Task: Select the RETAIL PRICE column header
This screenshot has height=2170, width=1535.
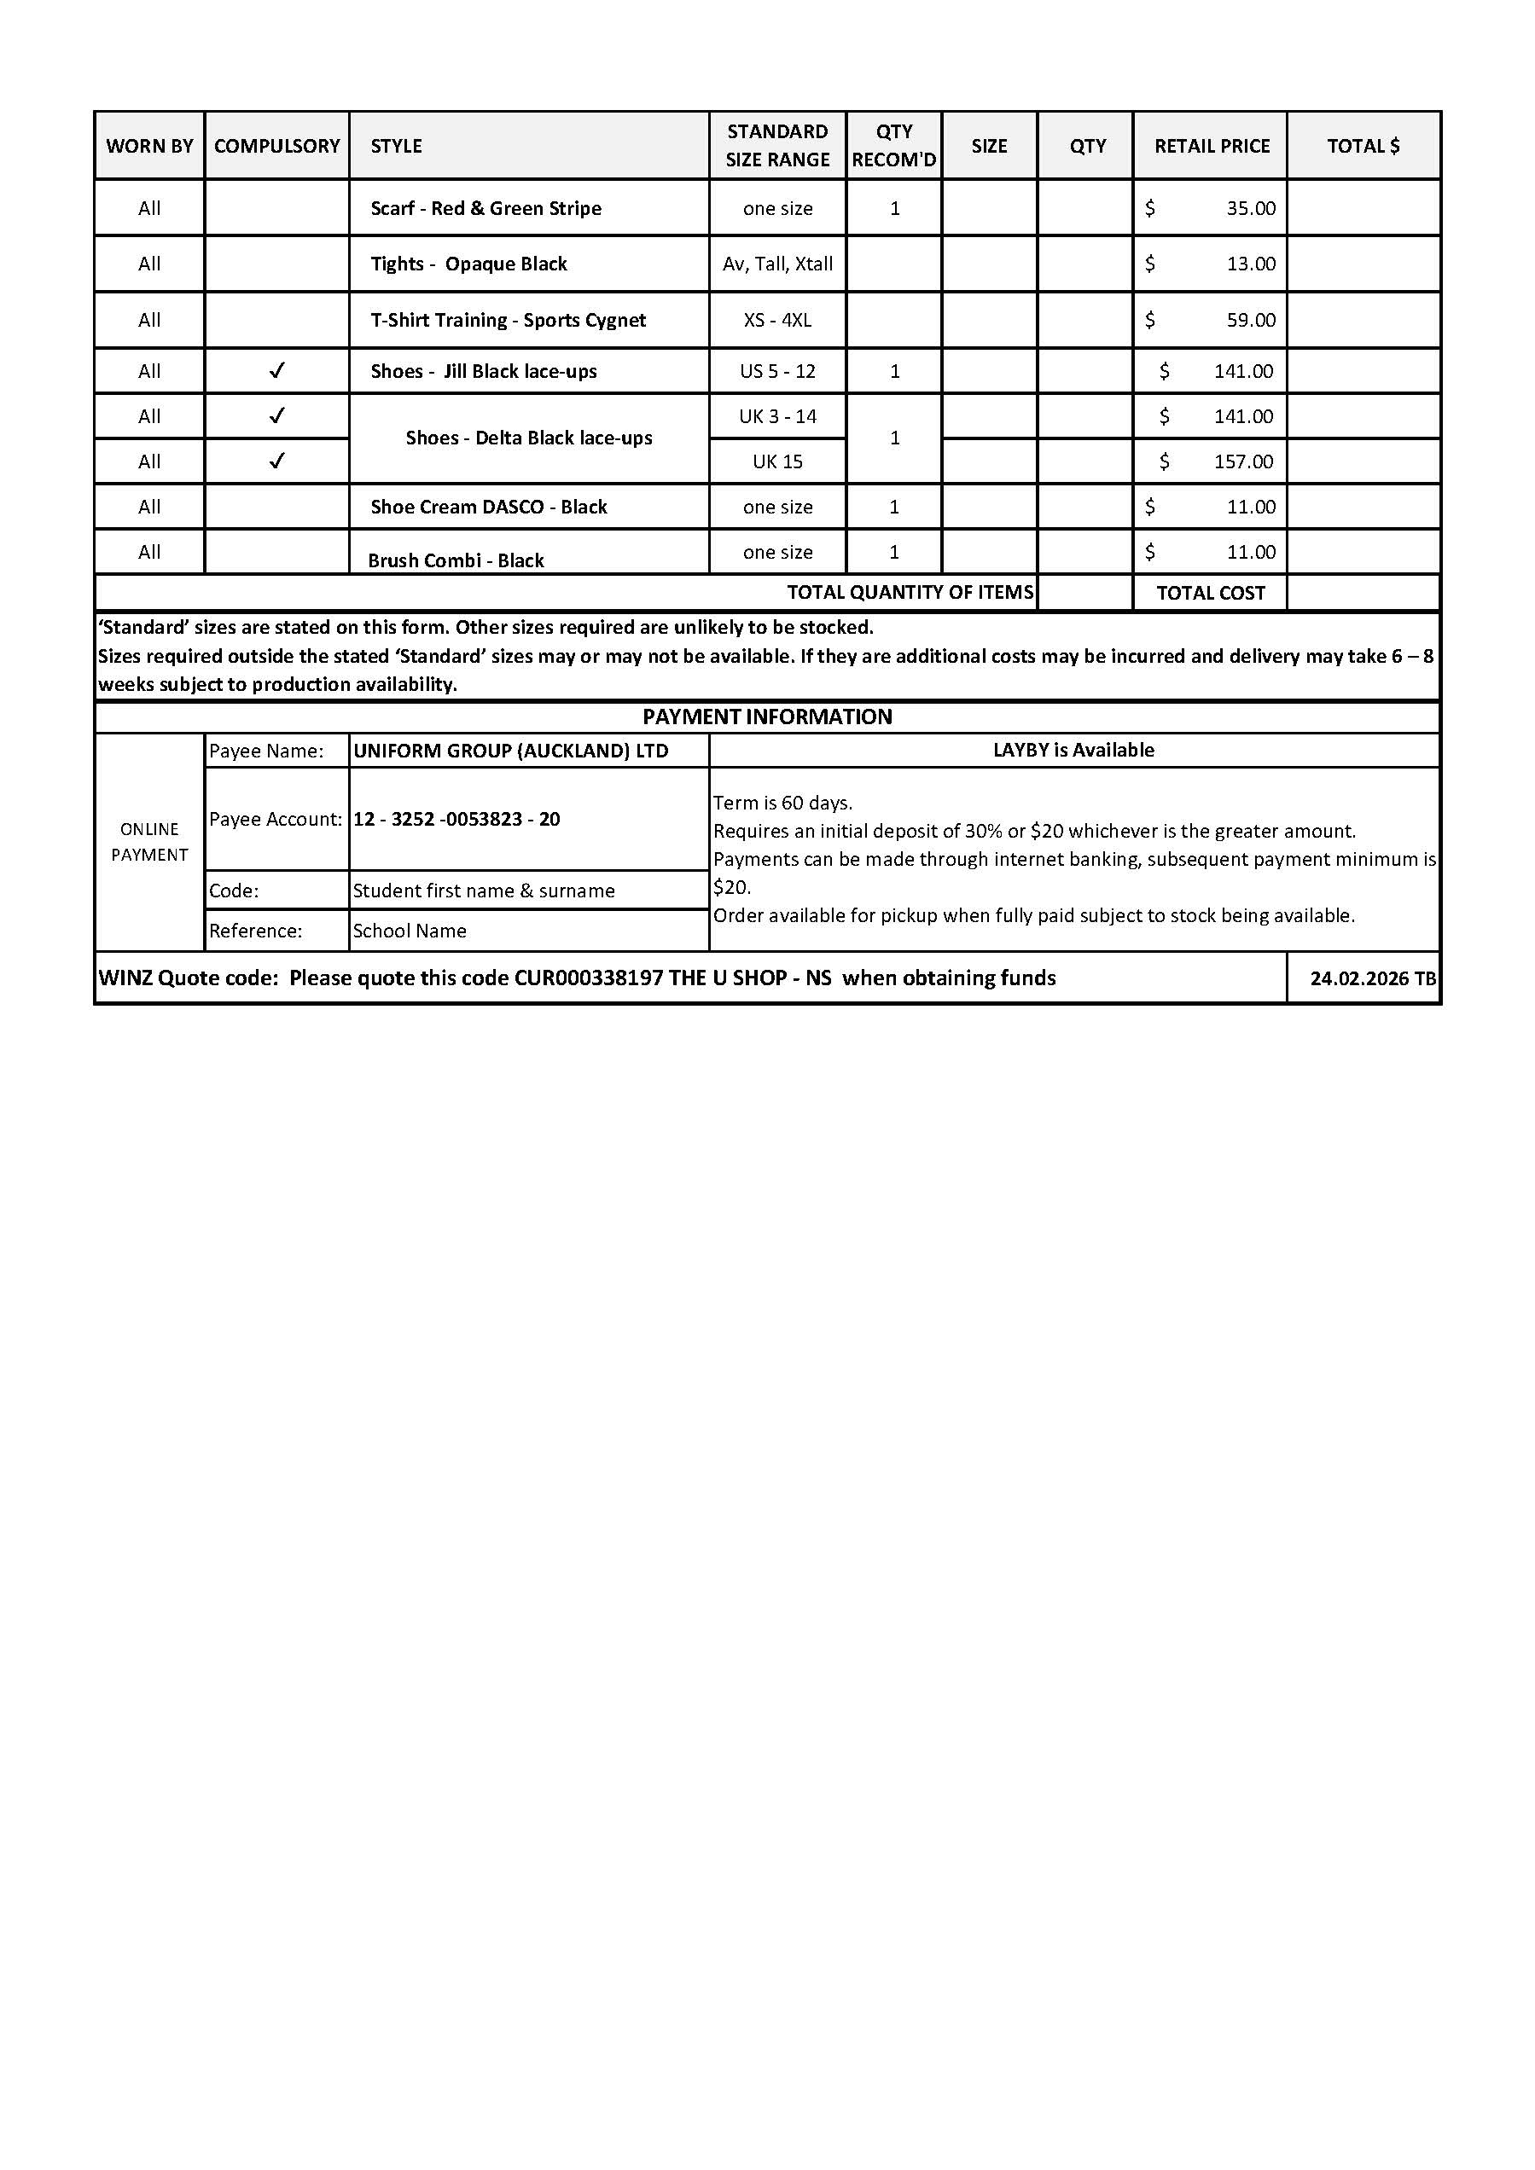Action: pos(1211,146)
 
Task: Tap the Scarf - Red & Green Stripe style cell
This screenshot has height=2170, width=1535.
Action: pos(486,208)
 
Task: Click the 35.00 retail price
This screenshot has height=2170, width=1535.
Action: pos(1251,208)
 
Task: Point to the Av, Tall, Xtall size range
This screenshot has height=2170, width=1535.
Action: pos(777,264)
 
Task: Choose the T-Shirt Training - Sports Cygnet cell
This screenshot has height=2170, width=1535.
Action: pos(508,320)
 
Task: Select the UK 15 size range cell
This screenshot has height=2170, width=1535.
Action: pos(777,461)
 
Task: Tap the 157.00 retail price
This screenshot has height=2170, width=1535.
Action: pos(1243,461)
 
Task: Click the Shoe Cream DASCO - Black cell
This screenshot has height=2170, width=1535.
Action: pos(488,507)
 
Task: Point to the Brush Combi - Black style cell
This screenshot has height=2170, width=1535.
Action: pos(456,560)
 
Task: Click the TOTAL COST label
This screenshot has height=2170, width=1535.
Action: pos(1210,593)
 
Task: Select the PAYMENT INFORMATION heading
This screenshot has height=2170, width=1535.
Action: pos(766,717)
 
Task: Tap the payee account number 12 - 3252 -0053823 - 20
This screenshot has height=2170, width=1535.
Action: pos(456,819)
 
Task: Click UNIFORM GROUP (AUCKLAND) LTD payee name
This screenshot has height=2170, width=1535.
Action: pos(510,751)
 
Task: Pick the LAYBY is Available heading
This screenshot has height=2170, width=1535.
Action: pos(1073,750)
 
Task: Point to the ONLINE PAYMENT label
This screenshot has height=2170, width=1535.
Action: pos(149,841)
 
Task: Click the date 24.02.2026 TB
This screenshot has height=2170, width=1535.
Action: pos(1372,978)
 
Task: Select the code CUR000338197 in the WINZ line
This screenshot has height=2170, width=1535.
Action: pos(588,978)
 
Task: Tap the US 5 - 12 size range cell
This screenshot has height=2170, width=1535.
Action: pos(777,370)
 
